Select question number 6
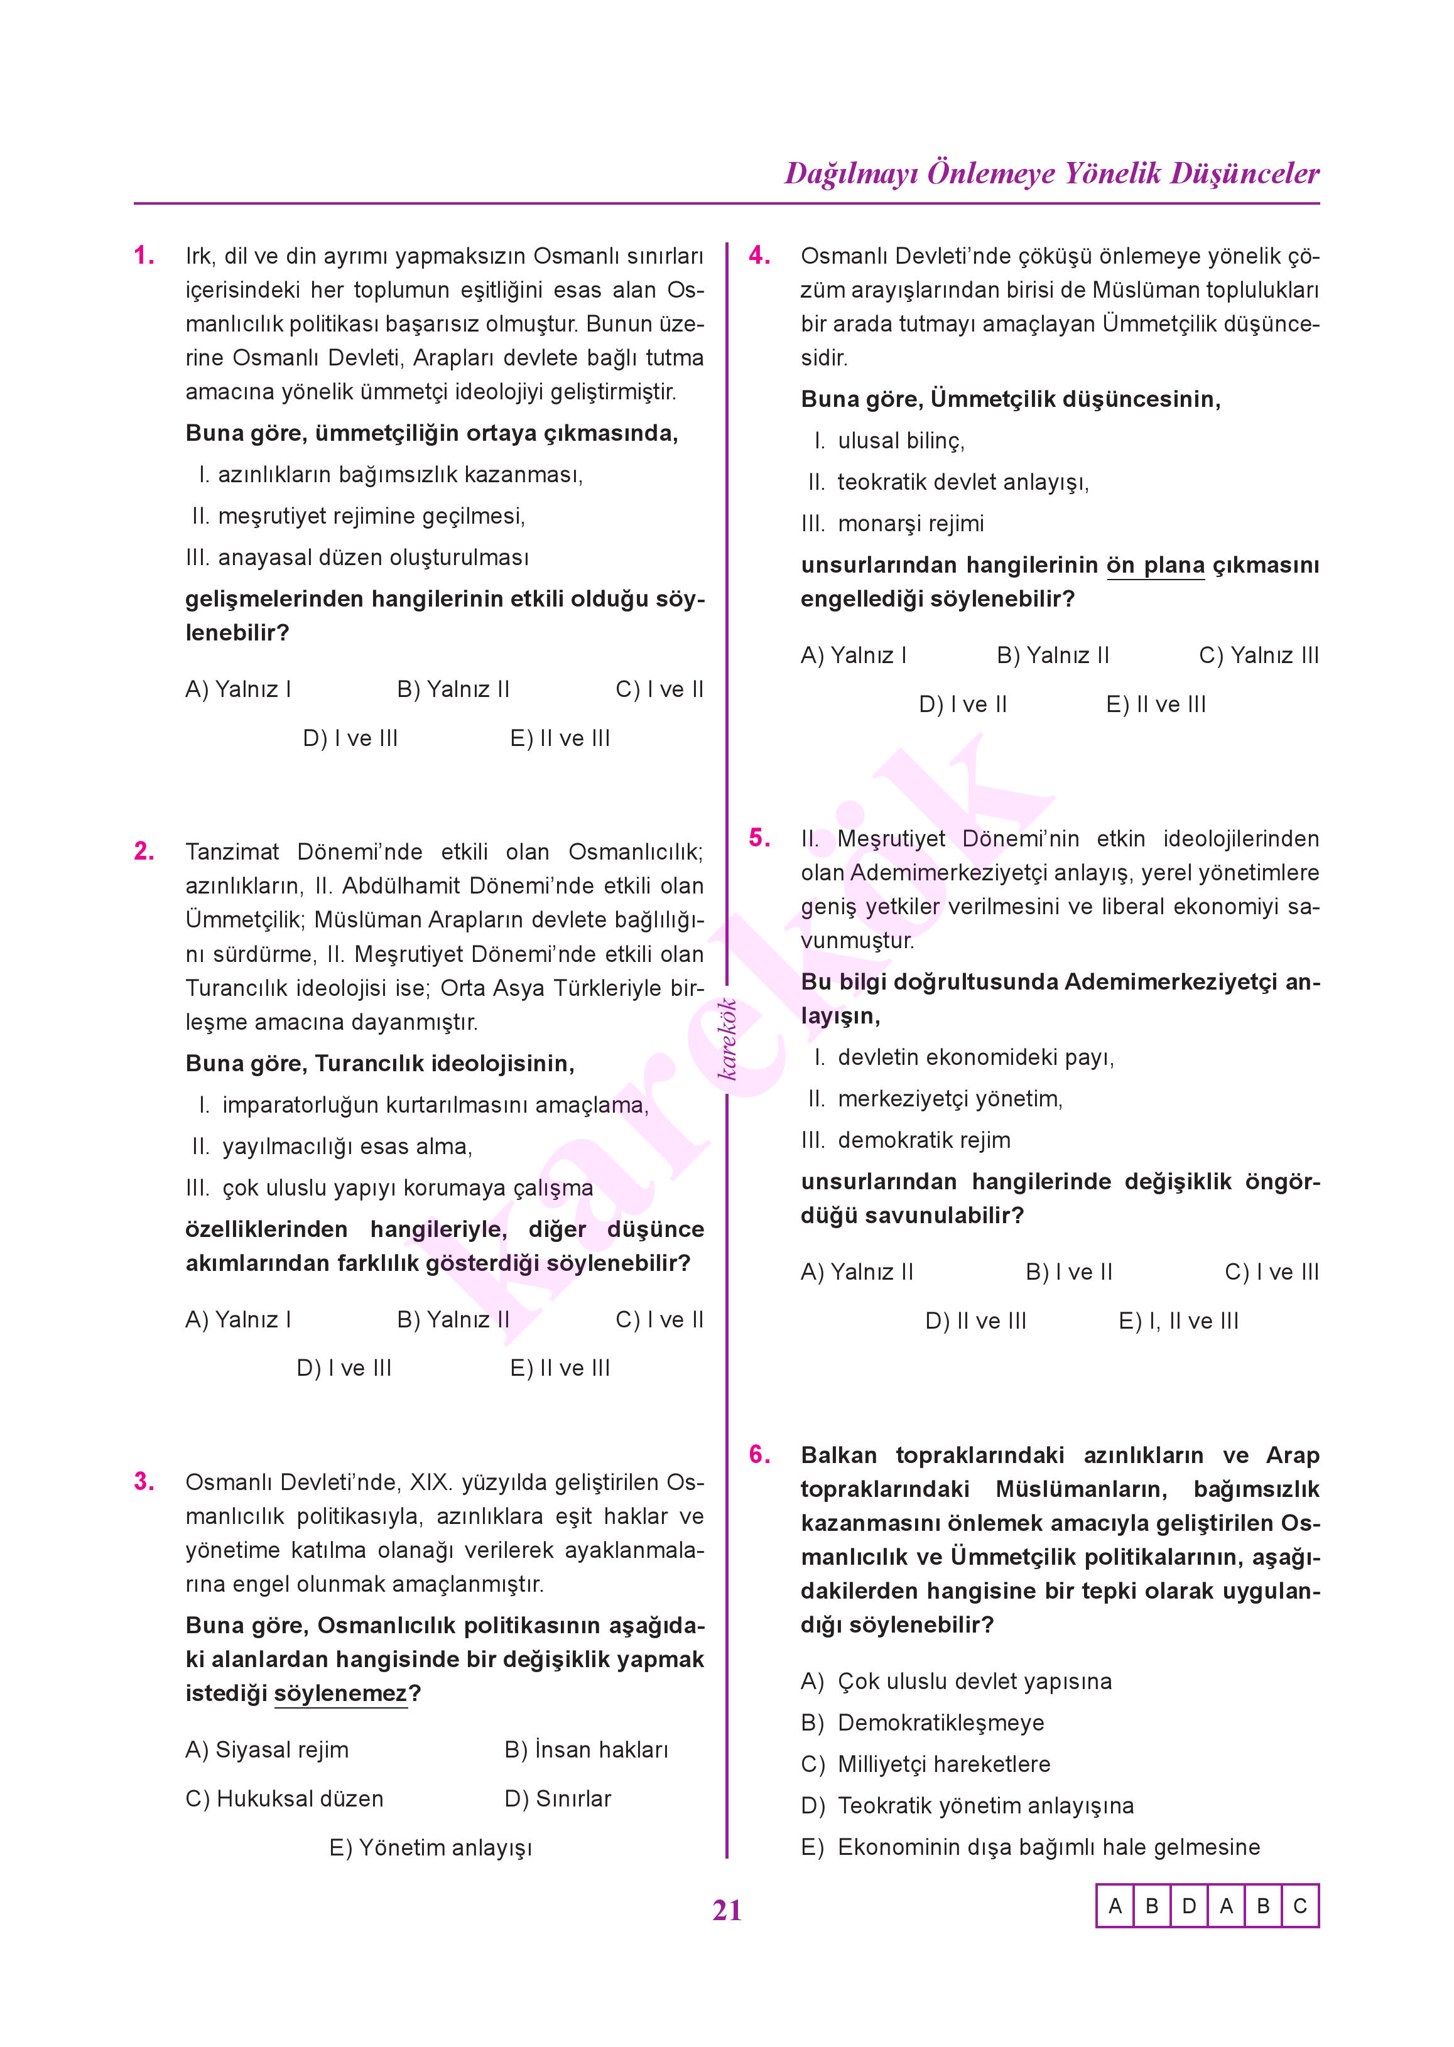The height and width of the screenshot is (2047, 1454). (759, 1454)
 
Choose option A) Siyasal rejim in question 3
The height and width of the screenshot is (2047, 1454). (267, 1750)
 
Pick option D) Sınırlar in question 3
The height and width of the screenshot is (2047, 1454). (558, 1799)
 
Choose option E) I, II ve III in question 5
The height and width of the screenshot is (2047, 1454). (1178, 1321)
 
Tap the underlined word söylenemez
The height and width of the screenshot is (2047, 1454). (340, 1693)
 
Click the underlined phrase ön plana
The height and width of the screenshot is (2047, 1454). (1155, 566)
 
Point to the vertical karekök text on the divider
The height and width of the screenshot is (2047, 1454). (728, 1039)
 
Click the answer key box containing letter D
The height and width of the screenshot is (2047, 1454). (1189, 1906)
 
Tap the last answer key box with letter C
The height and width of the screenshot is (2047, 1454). (1300, 1906)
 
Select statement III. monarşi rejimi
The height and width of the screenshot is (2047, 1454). (892, 524)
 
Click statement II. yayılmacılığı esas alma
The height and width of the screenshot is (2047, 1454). (332, 1147)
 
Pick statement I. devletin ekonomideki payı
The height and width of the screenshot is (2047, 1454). (964, 1058)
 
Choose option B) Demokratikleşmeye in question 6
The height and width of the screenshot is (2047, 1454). (922, 1723)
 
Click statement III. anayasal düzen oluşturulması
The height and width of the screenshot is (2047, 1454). (357, 558)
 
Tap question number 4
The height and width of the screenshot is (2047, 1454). (759, 256)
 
